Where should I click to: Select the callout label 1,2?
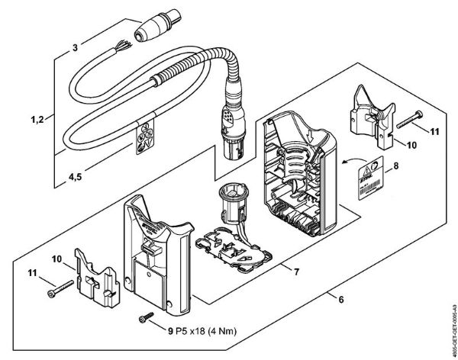[x=32, y=120]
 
